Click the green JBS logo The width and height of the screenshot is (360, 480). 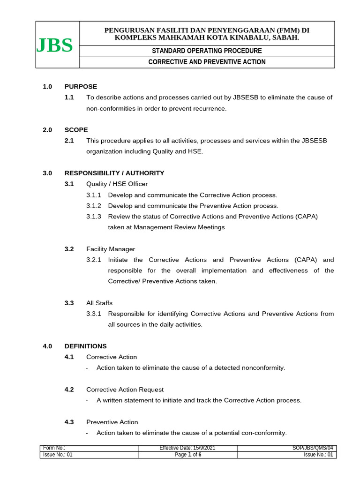point(55,45)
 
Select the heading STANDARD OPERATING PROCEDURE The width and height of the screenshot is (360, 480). point(207,51)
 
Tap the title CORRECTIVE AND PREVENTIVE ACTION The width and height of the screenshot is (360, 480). point(207,62)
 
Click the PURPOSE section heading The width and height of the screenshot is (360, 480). point(81,86)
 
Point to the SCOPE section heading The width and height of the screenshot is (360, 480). point(76,129)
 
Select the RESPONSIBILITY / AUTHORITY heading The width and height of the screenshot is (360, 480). point(114,173)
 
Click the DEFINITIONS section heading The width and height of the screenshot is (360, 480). point(85,346)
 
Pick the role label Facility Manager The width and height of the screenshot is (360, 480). point(111,249)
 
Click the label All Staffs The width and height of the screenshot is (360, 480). point(99,303)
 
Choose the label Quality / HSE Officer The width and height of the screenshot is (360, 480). point(117,184)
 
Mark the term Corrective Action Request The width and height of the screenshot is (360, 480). point(125,390)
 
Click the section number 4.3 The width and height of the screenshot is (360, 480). point(69,422)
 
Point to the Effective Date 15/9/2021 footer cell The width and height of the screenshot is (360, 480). point(187,449)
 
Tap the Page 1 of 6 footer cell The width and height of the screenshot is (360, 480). point(187,455)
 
